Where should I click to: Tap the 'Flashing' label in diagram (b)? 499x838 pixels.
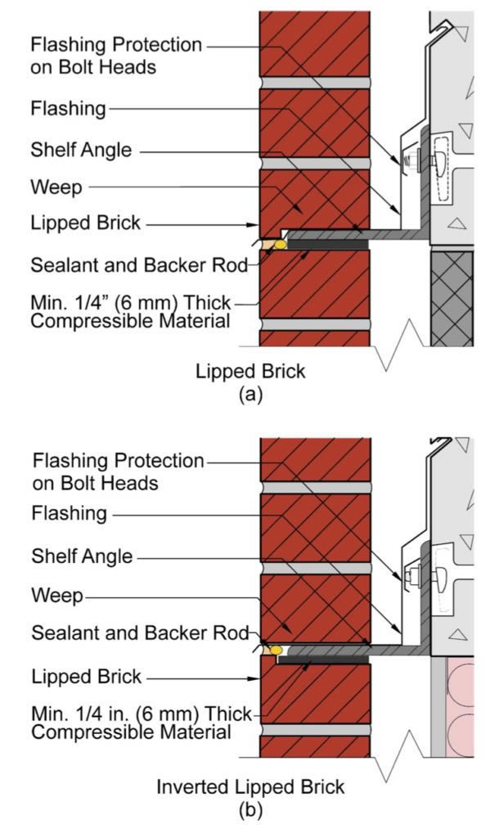tap(69, 514)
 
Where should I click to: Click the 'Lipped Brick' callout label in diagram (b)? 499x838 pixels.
tap(86, 677)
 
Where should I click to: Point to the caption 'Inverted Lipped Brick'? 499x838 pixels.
tap(250, 787)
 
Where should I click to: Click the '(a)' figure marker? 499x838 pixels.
tap(249, 394)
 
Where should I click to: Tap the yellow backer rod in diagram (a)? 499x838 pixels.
tap(281, 244)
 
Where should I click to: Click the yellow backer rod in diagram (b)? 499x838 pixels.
tap(277, 649)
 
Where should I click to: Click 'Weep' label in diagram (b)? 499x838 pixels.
tap(56, 596)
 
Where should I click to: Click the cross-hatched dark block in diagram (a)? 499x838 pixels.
tap(452, 299)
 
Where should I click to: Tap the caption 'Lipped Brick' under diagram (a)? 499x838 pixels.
tap(250, 371)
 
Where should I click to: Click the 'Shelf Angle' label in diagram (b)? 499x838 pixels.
tap(81, 556)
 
